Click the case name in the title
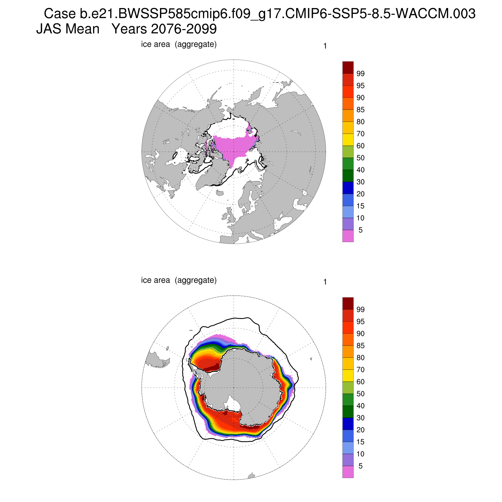(x=259, y=14)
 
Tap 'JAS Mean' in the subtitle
(x=68, y=29)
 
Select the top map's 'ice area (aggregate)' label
(x=179, y=44)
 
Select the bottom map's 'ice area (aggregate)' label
(x=179, y=280)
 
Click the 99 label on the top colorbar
(x=360, y=74)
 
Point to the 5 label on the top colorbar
(x=360, y=230)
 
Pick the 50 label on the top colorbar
(x=360, y=158)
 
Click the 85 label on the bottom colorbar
(x=360, y=346)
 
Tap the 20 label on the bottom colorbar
(x=360, y=430)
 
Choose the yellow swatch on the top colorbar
(x=348, y=140)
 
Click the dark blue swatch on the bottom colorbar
(x=348, y=424)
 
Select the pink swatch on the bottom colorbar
(x=348, y=472)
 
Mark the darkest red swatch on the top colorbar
(x=348, y=67)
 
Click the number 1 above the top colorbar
(x=325, y=46)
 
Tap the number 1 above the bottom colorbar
(x=325, y=282)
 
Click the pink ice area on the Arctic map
(x=234, y=147)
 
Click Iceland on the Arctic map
(x=220, y=193)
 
